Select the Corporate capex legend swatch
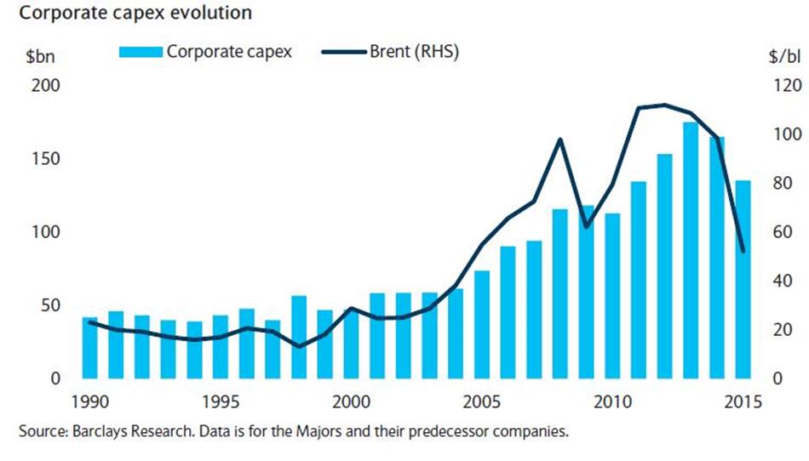[140, 52]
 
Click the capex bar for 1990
[89, 347]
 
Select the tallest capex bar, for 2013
[690, 250]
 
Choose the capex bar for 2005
[480, 324]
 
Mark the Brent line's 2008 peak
[559, 139]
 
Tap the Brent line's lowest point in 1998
[299, 346]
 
